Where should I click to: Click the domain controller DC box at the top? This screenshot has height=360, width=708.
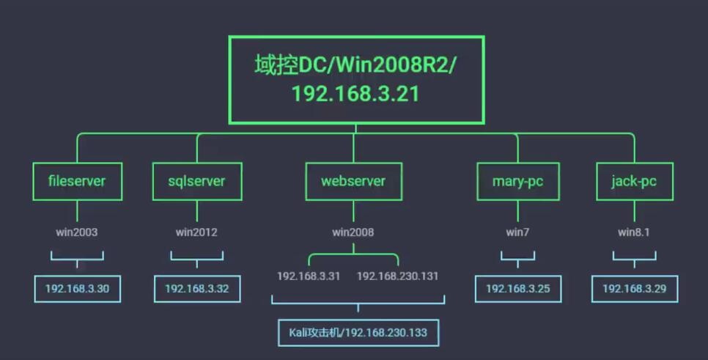(356, 79)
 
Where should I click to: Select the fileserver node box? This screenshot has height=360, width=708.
(77, 181)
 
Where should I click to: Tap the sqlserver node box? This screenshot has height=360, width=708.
(196, 181)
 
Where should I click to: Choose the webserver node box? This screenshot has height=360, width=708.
(353, 181)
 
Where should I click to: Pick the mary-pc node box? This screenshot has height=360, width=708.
(517, 181)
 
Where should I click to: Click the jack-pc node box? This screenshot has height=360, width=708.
(634, 181)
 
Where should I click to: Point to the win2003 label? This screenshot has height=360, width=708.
(77, 232)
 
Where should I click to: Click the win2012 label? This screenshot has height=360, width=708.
(196, 232)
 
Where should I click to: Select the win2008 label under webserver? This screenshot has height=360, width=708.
(353, 232)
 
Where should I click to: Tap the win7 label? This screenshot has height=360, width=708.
(517, 232)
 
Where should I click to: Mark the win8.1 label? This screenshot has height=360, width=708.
(634, 232)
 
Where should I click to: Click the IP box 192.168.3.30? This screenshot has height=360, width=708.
(77, 289)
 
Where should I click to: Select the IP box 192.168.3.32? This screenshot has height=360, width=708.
(196, 289)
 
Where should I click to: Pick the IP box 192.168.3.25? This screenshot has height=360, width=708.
(517, 289)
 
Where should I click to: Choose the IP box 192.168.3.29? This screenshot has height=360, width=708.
(634, 289)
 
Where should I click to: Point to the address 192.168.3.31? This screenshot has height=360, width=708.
(309, 276)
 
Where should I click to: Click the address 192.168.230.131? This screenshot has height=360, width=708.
(398, 276)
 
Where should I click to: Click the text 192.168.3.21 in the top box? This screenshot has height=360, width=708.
(355, 95)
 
